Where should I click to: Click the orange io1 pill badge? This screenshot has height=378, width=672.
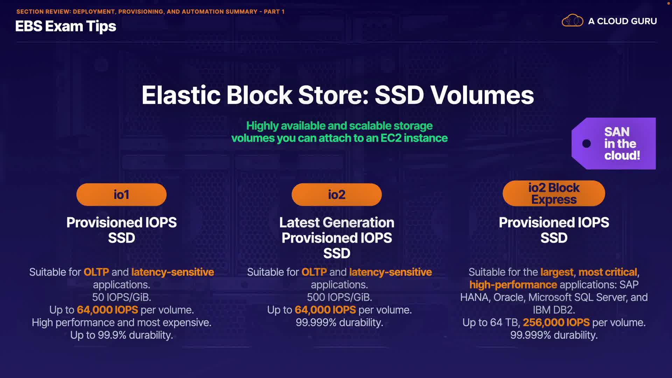coord(121,195)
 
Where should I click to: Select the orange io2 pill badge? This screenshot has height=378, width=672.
coord(337,195)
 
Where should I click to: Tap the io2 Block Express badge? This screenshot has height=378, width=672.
coord(554,193)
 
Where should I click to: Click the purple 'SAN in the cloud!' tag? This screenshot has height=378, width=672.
coord(614,143)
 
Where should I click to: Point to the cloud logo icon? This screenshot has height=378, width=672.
coord(573,21)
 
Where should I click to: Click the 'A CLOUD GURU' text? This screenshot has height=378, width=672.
coord(622,21)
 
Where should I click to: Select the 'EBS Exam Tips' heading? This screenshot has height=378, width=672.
coord(66,27)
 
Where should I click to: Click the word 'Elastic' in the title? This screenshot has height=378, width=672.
coord(181,95)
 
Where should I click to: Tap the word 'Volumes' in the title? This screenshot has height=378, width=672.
coord(482,95)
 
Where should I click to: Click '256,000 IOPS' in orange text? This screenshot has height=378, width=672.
coord(556,322)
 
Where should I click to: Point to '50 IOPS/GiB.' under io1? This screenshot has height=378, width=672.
coord(121,297)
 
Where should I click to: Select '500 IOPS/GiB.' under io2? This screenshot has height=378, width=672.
coord(339,297)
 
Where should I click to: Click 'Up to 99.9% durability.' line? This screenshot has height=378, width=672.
coord(121,335)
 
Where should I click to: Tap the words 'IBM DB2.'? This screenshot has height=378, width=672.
coord(554,310)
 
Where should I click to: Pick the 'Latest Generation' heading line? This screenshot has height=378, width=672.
coord(337,223)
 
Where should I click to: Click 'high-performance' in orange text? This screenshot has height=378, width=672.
coord(513,285)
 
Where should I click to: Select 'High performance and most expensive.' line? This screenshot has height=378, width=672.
coord(121,322)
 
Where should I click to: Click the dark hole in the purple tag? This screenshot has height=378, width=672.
coord(587,143)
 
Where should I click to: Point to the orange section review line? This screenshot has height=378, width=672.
coord(150,12)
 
